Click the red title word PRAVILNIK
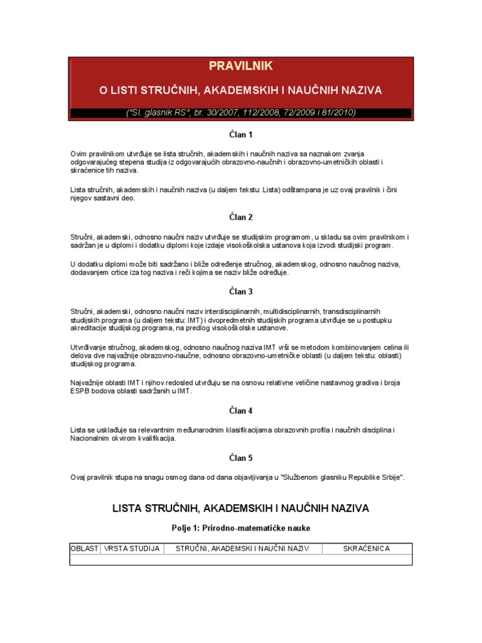pos(240,67)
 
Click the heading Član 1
pos(240,134)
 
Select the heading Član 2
pos(240,217)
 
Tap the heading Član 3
pos(240,291)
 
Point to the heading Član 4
pos(240,411)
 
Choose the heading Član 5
pos(240,458)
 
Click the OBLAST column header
pos(84,549)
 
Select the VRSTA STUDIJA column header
pos(131,549)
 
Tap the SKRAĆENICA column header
pos(367,549)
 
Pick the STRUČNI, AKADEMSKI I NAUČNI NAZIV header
pos(242,549)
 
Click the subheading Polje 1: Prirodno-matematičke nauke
pos(240,528)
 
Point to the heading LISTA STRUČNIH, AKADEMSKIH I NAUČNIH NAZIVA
pos(240,507)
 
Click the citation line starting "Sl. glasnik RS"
pos(241,113)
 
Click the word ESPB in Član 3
pos(80,391)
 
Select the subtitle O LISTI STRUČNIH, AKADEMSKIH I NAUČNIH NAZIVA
pos(240,90)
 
